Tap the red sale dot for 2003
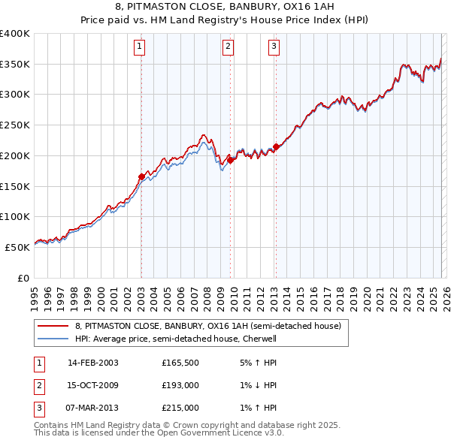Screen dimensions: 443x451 [141, 177]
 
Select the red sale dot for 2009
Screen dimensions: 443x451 [230, 160]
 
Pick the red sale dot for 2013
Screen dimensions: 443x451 [276, 147]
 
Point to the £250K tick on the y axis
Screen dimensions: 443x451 [14, 125]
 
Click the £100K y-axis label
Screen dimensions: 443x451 [14, 216]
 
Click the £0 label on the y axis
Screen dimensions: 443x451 [23, 278]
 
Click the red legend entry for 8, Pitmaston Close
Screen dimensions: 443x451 [208, 326]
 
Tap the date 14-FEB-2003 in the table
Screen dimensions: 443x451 [93, 363]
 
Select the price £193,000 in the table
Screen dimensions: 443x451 [180, 385]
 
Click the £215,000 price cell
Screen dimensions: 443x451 [180, 408]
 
